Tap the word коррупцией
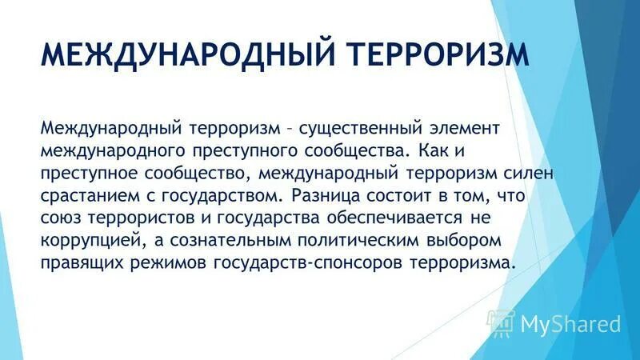(x=97, y=241)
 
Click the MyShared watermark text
(x=570, y=324)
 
